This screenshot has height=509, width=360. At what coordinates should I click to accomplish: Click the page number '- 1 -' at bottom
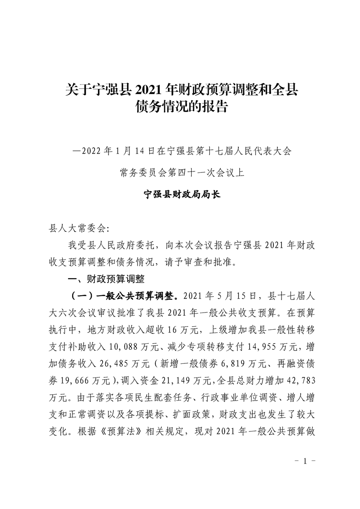tap(305, 461)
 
